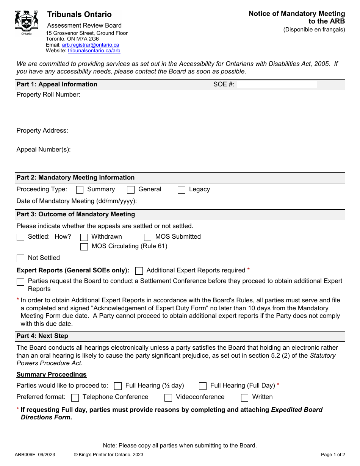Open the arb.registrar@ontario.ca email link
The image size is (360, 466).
coord(90,45)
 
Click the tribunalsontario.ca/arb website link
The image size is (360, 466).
coord(94,50)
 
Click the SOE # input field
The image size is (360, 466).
coord(277,84)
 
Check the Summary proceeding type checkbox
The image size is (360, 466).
coord(80,190)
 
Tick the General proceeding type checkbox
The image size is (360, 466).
coord(131,190)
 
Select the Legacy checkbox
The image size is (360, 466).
coord(182,190)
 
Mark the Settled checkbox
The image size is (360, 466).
coord(20,237)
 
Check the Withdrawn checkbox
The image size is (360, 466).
coord(84,237)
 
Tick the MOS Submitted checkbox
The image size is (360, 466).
coord(148,237)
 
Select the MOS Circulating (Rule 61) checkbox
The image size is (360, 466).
coord(84,247)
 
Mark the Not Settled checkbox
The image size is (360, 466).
coord(20,258)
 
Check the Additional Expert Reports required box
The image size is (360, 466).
coord(139,271)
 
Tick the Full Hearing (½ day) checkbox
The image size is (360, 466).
coord(118,386)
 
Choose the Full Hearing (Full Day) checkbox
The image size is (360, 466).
coord(203,386)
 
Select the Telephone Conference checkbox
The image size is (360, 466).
coord(75,397)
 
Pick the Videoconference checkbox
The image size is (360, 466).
coord(168,397)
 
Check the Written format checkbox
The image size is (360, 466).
coord(245,397)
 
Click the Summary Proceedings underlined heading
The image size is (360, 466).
coord(52,375)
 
